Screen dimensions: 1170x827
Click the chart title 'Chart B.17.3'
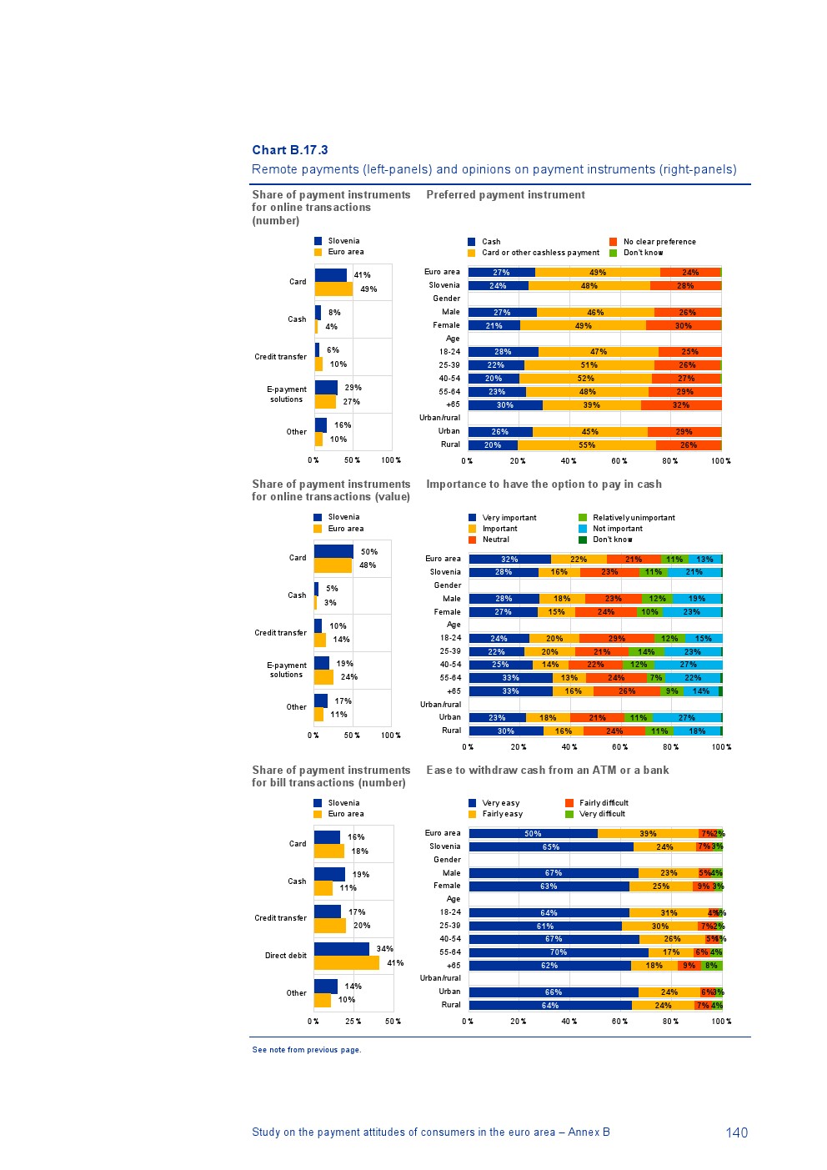290,150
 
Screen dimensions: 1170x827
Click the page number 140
736,1132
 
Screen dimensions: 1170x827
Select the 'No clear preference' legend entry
659,242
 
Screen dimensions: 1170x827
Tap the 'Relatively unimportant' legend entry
633,518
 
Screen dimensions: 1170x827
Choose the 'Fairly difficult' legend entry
603,803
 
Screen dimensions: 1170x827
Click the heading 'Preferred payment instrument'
505,195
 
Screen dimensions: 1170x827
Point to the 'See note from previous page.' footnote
307,1050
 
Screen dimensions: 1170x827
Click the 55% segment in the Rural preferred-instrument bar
587,445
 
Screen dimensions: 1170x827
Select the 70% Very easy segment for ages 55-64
559,952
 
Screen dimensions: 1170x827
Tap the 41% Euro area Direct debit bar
346,963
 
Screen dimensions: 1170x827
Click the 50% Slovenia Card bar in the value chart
333,551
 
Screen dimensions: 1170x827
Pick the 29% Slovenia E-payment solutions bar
326,388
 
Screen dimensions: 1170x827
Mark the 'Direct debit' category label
286,956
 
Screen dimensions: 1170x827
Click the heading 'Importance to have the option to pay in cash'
544,485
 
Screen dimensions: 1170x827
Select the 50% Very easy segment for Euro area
533,834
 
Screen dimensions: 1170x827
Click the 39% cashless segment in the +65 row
591,405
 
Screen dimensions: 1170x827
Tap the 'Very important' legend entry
509,518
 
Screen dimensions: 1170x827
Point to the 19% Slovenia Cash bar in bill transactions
329,874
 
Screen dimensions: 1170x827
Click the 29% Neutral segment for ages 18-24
616,639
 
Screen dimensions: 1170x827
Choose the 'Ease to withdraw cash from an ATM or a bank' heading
547,771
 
